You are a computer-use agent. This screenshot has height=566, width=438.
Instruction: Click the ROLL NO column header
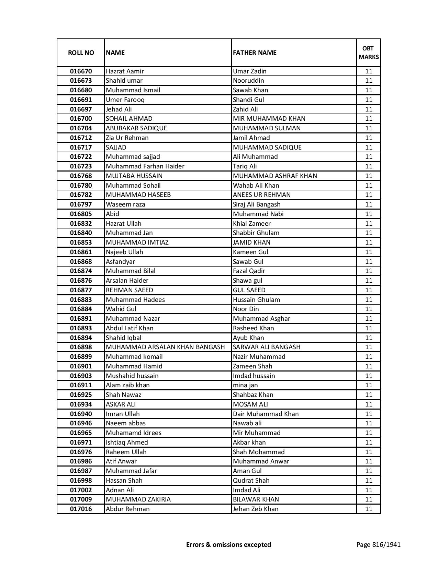(x=81, y=52)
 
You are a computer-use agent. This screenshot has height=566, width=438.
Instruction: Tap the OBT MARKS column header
(x=369, y=52)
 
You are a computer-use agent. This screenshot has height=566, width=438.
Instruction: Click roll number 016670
(x=81, y=71)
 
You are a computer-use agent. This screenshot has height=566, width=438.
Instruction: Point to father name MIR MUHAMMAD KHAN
(x=269, y=119)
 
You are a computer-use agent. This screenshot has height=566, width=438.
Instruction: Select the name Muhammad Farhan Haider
(x=145, y=166)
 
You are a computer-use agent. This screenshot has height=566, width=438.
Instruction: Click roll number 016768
(x=81, y=176)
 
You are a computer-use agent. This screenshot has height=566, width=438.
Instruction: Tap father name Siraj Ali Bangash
(x=257, y=204)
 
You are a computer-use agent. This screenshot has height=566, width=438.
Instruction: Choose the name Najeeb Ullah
(x=124, y=252)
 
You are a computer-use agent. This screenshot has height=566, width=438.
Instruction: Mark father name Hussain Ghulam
(x=256, y=300)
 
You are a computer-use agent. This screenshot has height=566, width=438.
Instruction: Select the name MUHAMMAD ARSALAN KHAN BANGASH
(x=165, y=347)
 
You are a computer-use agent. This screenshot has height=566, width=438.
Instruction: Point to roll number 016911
(x=81, y=385)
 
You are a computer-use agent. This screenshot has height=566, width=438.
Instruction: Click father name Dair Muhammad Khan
(x=266, y=414)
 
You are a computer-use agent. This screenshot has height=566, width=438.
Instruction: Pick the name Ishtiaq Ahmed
(x=127, y=443)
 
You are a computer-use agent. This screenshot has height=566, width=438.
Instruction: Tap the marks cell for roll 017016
(x=369, y=509)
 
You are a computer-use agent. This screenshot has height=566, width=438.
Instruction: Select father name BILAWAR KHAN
(x=256, y=499)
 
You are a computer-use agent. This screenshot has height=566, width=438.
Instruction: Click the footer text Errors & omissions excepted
(x=228, y=544)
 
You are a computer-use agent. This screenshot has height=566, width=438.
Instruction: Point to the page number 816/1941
(x=378, y=544)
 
